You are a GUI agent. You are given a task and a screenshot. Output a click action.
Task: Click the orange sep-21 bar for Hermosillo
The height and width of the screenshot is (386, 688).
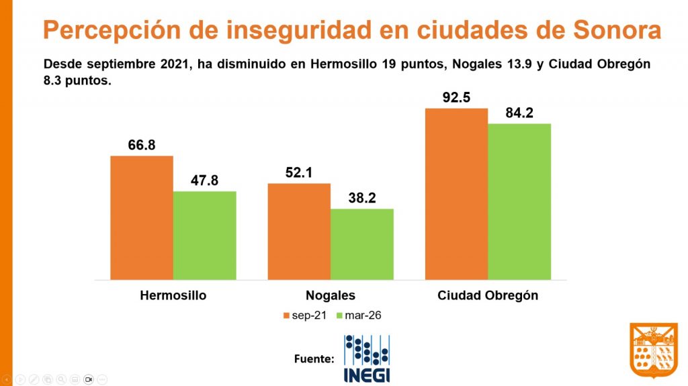142,218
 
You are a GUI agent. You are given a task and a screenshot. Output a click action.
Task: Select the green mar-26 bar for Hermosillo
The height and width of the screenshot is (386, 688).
205,235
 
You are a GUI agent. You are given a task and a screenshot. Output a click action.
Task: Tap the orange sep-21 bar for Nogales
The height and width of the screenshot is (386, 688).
299,231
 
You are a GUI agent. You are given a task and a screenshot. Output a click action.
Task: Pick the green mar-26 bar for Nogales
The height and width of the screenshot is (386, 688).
362,244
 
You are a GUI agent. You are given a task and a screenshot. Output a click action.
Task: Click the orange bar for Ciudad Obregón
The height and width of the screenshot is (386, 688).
456,193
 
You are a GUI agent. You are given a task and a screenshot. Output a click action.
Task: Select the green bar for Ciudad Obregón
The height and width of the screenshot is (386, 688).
519,201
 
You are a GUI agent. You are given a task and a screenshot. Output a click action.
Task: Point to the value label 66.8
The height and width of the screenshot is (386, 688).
142,145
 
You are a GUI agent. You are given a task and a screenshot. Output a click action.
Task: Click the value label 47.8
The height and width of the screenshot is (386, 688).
205,181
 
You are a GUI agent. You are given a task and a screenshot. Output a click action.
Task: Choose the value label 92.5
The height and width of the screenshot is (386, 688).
456,97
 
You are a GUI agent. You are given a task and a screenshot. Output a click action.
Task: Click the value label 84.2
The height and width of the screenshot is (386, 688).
519,113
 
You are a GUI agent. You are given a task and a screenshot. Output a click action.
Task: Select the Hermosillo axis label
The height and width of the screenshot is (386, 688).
173,295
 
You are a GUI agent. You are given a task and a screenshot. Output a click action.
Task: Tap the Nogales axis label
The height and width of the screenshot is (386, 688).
331,295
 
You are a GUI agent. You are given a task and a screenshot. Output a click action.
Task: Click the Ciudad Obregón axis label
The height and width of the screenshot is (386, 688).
488,295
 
